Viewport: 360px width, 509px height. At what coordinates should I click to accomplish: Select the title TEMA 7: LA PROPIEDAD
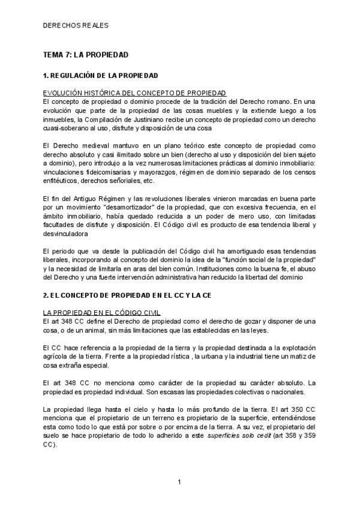[x=86, y=55]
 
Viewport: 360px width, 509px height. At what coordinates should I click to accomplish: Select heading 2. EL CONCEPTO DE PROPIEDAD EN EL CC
[x=127, y=295]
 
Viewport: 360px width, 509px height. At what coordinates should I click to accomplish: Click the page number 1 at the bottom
[x=179, y=482]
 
